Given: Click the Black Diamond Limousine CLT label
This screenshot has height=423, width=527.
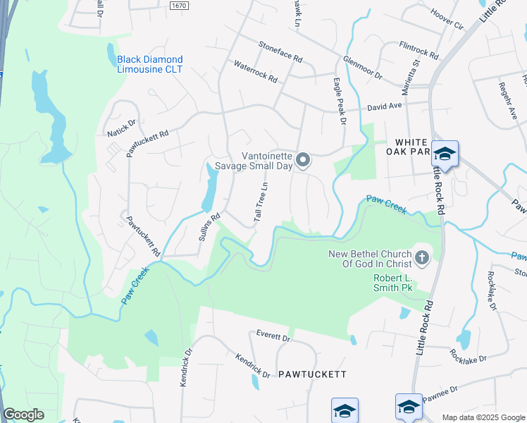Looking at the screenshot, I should pos(149,64).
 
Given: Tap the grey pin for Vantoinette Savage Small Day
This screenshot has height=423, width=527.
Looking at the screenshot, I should pos(303,161).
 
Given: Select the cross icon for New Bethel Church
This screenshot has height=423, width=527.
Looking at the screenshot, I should pos(422,258).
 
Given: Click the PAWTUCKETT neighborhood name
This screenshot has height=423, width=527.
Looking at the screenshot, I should pos(311,374).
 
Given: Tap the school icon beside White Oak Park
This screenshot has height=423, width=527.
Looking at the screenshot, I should pos(445,153).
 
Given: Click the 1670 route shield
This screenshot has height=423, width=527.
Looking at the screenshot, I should pos(180,6).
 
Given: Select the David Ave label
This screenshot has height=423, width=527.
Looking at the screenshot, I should pos(384,106).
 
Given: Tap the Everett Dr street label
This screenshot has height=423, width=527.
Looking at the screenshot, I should pos(273,337).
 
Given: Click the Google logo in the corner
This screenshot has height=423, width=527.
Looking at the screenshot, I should pos(23,415).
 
